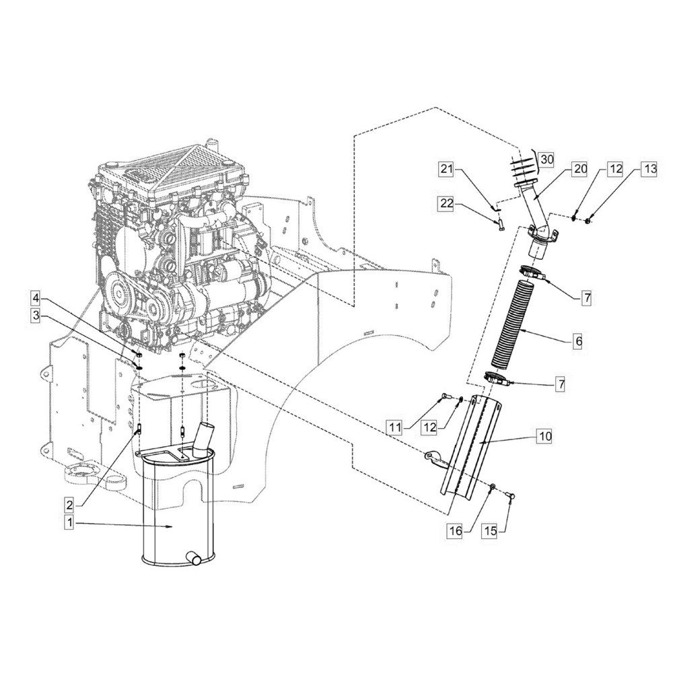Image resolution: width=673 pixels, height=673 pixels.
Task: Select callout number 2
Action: (x=69, y=505)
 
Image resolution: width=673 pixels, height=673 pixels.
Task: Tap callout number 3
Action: (x=36, y=316)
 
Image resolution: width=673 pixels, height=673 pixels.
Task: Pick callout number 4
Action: (x=36, y=298)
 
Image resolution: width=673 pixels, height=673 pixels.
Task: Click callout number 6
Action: (x=578, y=342)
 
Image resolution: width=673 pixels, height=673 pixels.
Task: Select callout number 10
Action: (x=544, y=437)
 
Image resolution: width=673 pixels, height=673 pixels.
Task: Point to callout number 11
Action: (x=395, y=427)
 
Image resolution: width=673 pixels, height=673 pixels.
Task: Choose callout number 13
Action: (x=650, y=169)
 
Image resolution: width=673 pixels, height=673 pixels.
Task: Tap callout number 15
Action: (x=490, y=531)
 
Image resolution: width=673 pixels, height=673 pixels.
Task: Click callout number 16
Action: (x=456, y=531)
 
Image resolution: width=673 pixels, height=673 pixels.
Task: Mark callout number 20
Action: (x=580, y=169)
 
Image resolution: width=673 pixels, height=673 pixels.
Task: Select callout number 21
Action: (x=447, y=169)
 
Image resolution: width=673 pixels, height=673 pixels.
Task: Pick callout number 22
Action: (x=447, y=203)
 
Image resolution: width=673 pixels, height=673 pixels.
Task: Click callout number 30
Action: (x=546, y=160)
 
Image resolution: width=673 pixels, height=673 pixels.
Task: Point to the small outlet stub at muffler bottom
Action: (x=193, y=558)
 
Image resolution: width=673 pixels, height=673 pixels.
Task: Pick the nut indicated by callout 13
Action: (x=588, y=220)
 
